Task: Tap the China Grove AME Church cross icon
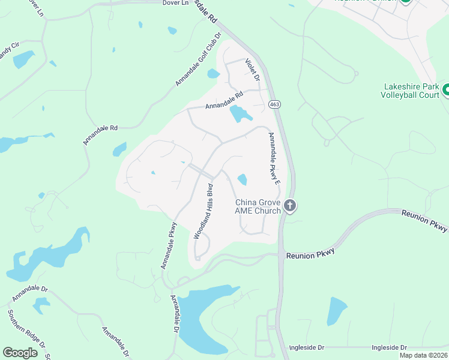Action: pos(290,206)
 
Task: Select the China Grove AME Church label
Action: pos(258,206)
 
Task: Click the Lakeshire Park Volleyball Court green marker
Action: pos(446,90)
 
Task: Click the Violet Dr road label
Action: pos(253,70)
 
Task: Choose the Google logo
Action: pos(20,353)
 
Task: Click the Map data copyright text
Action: pos(423,355)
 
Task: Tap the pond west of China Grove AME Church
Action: pos(243,179)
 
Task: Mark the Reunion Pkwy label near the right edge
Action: pos(424,221)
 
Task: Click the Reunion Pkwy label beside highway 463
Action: pos(310,256)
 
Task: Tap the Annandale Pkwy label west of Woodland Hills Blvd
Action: pos(169,245)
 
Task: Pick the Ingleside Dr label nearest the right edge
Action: pos(389,347)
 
